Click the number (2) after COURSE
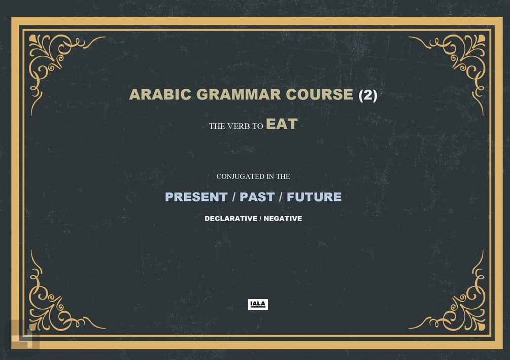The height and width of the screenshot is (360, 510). click(x=368, y=95)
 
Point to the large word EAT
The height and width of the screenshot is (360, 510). click(x=281, y=124)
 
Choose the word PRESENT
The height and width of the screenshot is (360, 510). click(x=196, y=197)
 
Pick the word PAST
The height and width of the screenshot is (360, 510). click(x=257, y=197)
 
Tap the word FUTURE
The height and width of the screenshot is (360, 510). click(x=314, y=197)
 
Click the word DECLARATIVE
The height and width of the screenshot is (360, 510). click(x=230, y=219)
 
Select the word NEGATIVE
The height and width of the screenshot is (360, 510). click(x=283, y=219)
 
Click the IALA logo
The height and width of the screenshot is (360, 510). click(x=258, y=304)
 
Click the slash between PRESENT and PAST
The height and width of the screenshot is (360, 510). click(x=233, y=197)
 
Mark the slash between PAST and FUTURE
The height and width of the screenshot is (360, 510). click(x=281, y=197)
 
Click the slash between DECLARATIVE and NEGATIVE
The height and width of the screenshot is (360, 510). click(x=260, y=219)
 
